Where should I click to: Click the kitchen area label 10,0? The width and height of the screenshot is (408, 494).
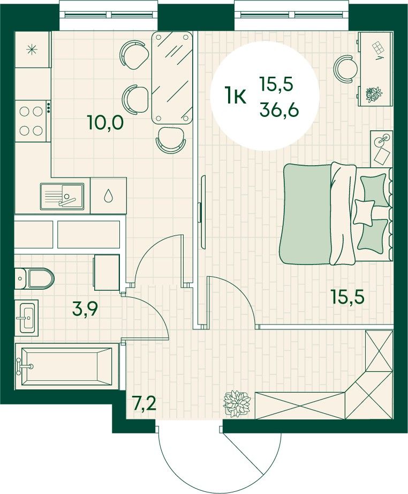[105, 123]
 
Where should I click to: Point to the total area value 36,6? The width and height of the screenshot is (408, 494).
[279, 110]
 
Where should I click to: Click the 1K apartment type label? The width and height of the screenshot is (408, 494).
[235, 97]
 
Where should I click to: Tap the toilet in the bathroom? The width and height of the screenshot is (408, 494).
[34, 278]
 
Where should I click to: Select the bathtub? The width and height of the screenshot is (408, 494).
[66, 366]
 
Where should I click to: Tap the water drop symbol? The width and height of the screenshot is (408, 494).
[108, 196]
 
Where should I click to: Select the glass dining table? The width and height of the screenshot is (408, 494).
[172, 77]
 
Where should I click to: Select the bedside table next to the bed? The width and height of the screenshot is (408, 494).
[382, 149]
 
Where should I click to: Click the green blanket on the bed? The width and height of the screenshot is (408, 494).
[305, 214]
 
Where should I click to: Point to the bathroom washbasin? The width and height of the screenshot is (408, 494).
[27, 316]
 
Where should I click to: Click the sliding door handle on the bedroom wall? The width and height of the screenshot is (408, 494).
[199, 213]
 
